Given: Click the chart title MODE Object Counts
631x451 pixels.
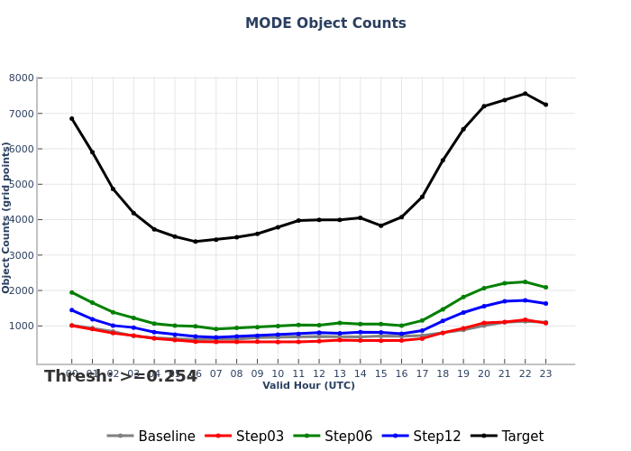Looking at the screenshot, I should pyautogui.click(x=325, y=23).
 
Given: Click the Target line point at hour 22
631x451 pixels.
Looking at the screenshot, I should pyautogui.click(x=525, y=94).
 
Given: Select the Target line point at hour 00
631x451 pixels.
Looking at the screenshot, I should pyautogui.click(x=72, y=118).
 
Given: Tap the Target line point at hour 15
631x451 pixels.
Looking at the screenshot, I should pyautogui.click(x=380, y=225).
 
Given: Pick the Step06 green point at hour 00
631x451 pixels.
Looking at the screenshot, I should pyautogui.click(x=72, y=292).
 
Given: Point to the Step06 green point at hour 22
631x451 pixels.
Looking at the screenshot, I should pyautogui.click(x=525, y=281).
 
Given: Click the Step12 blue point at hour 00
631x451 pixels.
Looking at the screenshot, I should pyautogui.click(x=72, y=310).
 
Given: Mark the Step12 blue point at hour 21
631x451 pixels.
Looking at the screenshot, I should pyautogui.click(x=504, y=301).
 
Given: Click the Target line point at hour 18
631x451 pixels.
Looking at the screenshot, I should pyautogui.click(x=443, y=161).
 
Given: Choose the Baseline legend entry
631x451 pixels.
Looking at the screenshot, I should pyautogui.click(x=151, y=437).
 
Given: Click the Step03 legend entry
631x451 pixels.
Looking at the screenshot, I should pyautogui.click(x=245, y=437).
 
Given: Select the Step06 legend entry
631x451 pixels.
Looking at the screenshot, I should pyautogui.click(x=334, y=437).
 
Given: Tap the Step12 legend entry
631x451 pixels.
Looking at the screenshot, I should pyautogui.click(x=422, y=437).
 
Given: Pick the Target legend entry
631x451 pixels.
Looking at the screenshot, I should pyautogui.click(x=509, y=437).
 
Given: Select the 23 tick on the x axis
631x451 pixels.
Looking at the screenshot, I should pyautogui.click(x=545, y=373).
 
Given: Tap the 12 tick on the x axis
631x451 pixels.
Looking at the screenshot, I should pyautogui.click(x=319, y=373).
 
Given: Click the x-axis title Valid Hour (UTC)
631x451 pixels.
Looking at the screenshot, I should pyautogui.click(x=308, y=386).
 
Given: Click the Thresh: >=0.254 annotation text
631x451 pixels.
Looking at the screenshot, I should pyautogui.click(x=121, y=377).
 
